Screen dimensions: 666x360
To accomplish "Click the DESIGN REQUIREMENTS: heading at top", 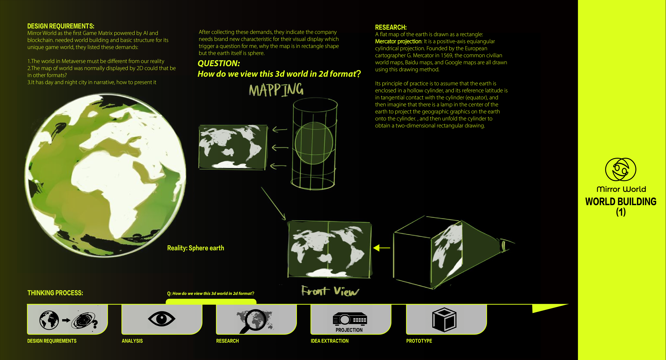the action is click(61, 26).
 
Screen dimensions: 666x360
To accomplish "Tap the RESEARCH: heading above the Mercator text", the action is click(391, 27).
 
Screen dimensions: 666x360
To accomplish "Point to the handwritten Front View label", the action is click(330, 291).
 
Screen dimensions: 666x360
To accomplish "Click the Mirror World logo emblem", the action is click(621, 170).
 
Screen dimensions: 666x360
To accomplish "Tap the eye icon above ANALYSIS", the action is click(162, 319).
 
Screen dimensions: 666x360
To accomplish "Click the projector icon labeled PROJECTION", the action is click(350, 319).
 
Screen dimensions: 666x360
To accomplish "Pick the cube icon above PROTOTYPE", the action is click(444, 319).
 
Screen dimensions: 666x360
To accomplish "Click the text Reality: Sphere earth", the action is click(195, 248).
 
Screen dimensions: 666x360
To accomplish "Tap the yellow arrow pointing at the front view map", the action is click(382, 248).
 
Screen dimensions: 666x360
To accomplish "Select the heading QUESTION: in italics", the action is click(219, 63).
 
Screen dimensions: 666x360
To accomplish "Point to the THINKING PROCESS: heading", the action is click(55, 293).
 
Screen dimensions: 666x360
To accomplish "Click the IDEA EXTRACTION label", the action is click(329, 341).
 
